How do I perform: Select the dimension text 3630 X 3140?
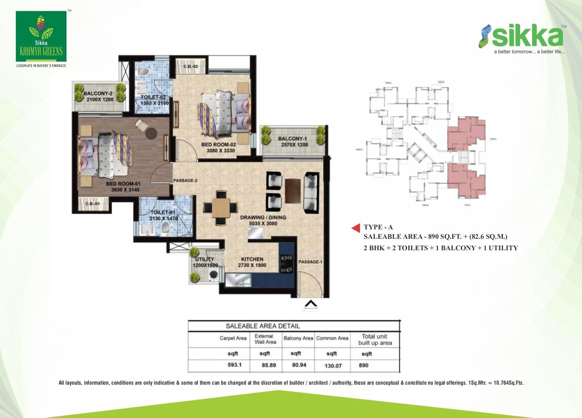click(x=125, y=190)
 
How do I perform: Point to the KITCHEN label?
click(x=252, y=259)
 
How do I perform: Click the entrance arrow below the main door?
click(x=311, y=304)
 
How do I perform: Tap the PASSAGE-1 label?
click(x=310, y=262)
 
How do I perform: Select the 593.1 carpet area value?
click(x=234, y=365)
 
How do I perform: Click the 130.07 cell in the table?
click(x=333, y=365)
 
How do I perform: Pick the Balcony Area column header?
click(x=298, y=338)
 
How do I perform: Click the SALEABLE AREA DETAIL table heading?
click(x=262, y=326)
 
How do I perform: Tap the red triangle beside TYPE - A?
click(x=356, y=228)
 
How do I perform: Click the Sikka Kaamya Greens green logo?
click(x=41, y=36)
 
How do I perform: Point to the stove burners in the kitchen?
click(x=286, y=264)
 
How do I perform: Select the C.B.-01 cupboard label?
click(x=92, y=204)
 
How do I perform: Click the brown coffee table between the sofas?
click(x=293, y=191)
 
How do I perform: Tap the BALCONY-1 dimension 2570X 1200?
click(x=294, y=144)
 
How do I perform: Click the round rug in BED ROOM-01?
click(x=150, y=133)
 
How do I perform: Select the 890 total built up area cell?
click(x=363, y=365)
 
